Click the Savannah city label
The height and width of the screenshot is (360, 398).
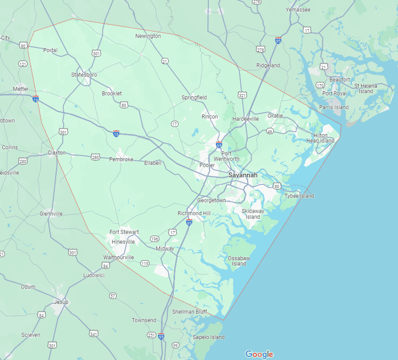pyautogui.click(x=243, y=175)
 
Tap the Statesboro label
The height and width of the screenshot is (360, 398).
pyautogui.click(x=84, y=75)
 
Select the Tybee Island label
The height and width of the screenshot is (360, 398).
pyautogui.click(x=299, y=196)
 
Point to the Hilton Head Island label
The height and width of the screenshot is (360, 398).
pyautogui.click(x=320, y=138)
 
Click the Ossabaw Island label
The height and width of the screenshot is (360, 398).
pyautogui.click(x=239, y=261)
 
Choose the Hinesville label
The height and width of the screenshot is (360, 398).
pyautogui.click(x=123, y=242)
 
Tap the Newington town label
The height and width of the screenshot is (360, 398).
pyautogui.click(x=148, y=36)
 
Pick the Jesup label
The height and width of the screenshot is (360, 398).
pyautogui.click(x=61, y=302)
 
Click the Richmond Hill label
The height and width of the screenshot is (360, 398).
pyautogui.click(x=194, y=213)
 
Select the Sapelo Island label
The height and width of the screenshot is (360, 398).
pyautogui.click(x=209, y=337)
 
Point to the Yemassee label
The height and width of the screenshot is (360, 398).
pyautogui.click(x=298, y=10)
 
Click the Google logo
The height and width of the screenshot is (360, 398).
pyautogui.click(x=259, y=354)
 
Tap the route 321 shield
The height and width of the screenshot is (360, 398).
pyautogui.click(x=242, y=95)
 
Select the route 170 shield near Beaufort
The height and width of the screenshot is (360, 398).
pyautogui.click(x=320, y=85)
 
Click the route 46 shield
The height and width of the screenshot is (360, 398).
pyautogui.click(x=270, y=131)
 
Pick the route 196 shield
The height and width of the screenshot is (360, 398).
pyautogui.click(x=154, y=239)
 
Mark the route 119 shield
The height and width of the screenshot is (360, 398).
pyautogui.click(x=145, y=263)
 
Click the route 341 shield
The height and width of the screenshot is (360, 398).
pyautogui.click(x=93, y=333)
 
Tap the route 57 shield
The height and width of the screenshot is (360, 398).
pyautogui.click(x=113, y=296)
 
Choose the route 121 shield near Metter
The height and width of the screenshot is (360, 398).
pyautogui.click(x=23, y=64)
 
